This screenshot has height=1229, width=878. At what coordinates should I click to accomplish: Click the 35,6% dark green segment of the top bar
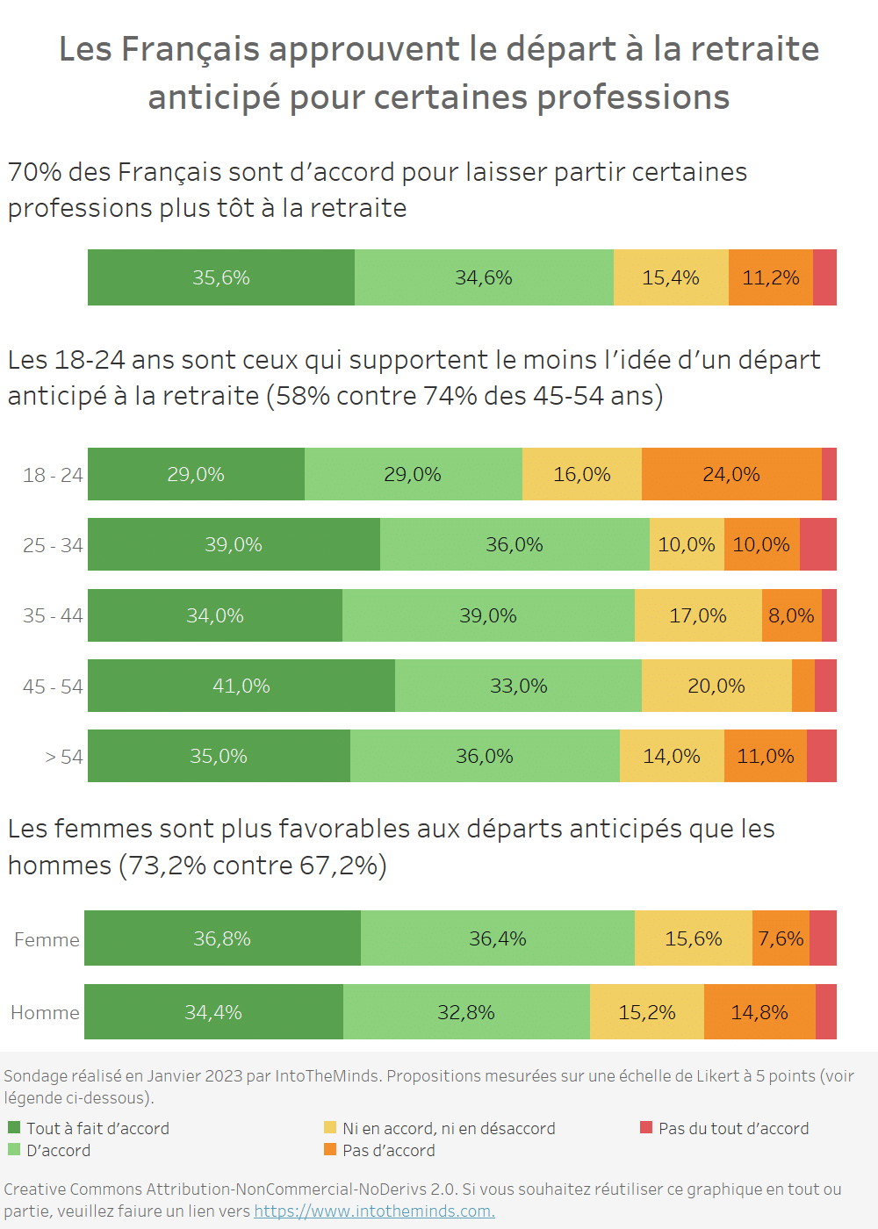click(221, 277)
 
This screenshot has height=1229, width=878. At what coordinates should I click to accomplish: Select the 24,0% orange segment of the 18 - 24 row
click(731, 474)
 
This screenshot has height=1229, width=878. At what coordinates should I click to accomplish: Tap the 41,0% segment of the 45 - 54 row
click(241, 686)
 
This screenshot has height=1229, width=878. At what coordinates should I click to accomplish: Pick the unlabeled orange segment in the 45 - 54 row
click(803, 686)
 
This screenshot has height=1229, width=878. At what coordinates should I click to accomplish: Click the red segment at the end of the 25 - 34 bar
click(818, 544)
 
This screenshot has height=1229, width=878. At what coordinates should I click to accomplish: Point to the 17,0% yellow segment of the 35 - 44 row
click(698, 615)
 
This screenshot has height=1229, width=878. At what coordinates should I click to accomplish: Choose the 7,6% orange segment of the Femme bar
click(781, 938)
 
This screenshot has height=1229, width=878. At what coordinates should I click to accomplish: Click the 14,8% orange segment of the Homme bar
click(759, 1012)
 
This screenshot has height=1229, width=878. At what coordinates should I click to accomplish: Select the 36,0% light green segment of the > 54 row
click(485, 756)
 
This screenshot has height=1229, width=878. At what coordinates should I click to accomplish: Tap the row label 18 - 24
click(53, 475)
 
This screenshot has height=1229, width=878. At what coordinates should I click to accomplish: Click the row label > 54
click(64, 757)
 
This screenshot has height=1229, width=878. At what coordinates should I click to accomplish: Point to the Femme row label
click(47, 939)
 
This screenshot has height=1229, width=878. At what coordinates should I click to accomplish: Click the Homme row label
click(45, 1013)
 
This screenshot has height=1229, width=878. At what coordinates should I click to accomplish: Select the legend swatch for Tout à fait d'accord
click(14, 1127)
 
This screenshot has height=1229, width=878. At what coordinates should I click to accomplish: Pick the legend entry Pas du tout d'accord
click(733, 1128)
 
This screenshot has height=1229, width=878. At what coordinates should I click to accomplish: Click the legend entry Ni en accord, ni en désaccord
click(449, 1128)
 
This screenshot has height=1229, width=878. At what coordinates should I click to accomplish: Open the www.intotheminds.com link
click(374, 1211)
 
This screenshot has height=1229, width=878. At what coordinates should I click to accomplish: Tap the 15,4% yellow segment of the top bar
click(671, 277)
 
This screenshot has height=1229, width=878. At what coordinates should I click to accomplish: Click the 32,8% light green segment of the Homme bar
click(466, 1012)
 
